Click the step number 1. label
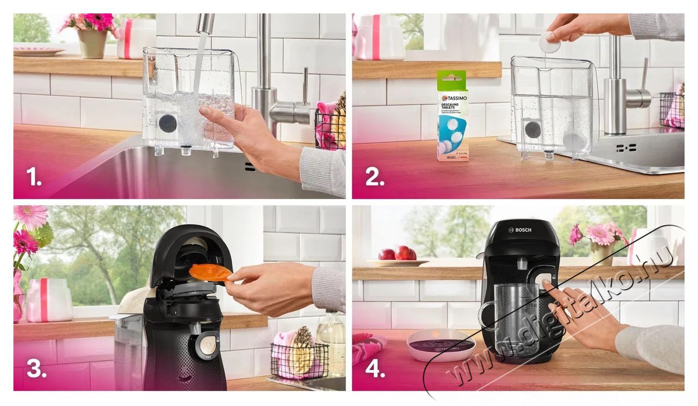(34, 178)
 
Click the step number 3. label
(36, 369)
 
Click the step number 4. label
(375, 369)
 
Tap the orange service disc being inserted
(210, 272)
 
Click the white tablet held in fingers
(550, 43)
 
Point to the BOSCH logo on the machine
(521, 230)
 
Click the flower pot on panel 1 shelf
(92, 43)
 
